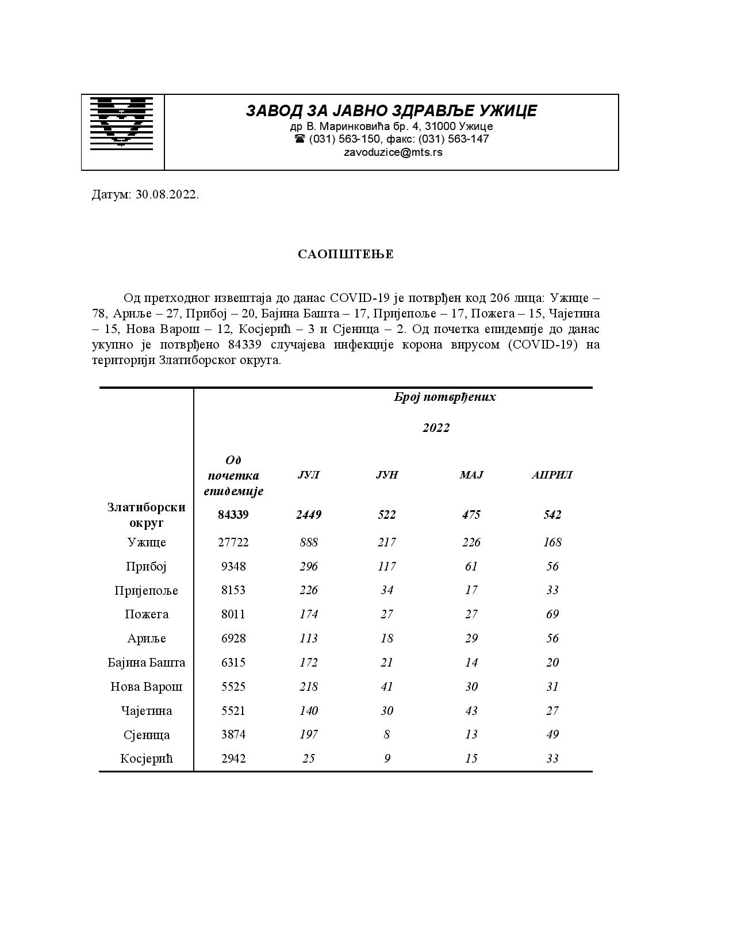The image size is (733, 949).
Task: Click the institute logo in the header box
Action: coord(121,124)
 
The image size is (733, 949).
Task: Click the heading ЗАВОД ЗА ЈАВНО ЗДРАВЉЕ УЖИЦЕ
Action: coord(391,110)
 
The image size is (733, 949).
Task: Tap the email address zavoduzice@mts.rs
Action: coord(393,152)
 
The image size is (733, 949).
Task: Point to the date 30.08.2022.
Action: coord(167,194)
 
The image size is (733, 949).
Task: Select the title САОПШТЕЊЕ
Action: coord(346,254)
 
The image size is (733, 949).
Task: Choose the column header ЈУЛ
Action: coord(308,475)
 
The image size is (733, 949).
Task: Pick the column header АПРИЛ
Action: coord(552,475)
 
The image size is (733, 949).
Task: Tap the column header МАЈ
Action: coord(471,475)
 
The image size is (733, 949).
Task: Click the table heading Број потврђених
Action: coord(444,397)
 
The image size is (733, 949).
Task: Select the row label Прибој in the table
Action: coord(146,567)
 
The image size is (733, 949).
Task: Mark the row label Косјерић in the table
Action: coord(146,759)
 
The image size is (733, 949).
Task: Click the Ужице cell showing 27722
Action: coord(233,542)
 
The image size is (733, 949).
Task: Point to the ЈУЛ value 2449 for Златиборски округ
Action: coord(309,515)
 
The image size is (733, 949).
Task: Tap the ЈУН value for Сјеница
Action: coord(387,734)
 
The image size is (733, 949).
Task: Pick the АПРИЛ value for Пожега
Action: coord(552,614)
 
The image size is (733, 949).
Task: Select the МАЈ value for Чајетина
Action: coord(471,711)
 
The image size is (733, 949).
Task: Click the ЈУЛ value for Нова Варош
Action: coord(309,687)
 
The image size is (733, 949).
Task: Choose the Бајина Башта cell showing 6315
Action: coord(233,663)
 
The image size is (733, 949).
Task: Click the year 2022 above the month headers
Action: coord(436,428)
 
